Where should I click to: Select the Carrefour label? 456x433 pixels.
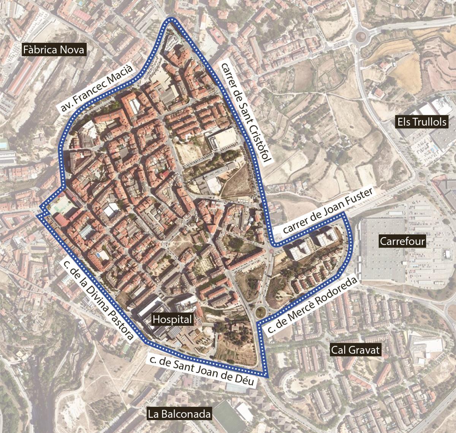coord(402,241)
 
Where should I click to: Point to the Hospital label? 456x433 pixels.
coord(173,319)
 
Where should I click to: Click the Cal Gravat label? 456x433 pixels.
coord(355,350)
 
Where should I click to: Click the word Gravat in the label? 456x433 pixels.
coord(365,350)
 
